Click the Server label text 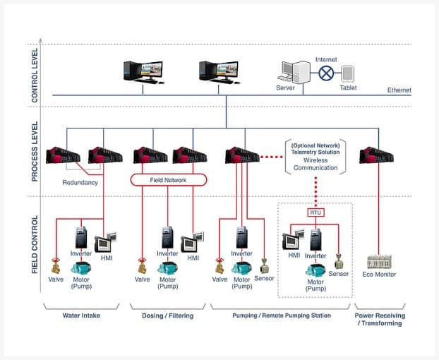click(x=285, y=88)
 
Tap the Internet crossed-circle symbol click(x=326, y=72)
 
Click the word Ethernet click(x=399, y=90)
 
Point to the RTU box click(x=315, y=212)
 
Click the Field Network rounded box click(x=168, y=180)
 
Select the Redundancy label click(x=80, y=182)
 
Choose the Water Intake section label click(x=80, y=315)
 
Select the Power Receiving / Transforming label click(x=379, y=319)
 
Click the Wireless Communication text click(x=315, y=164)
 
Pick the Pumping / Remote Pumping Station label click(x=281, y=315)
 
